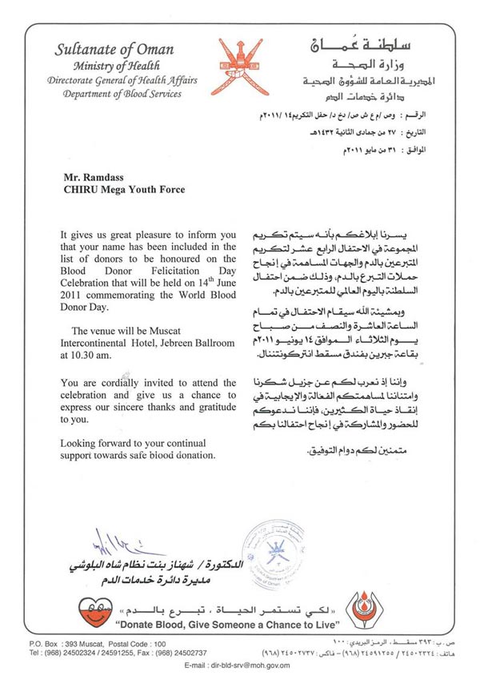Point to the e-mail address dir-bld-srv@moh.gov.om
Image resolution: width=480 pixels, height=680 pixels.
point(238,665)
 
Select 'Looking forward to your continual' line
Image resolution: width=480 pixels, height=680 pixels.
point(132,443)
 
